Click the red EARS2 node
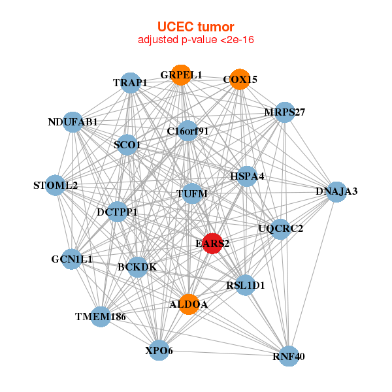click(213, 243)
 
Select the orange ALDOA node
click(189, 304)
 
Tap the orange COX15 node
click(240, 79)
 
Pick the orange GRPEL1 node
click(181, 75)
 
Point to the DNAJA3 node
click(336, 191)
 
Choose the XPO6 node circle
click(159, 350)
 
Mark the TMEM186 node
click(100, 317)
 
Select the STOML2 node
click(56, 186)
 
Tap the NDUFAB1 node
click(73, 122)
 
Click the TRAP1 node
click(131, 83)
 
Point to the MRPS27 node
click(285, 112)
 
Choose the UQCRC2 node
click(280, 229)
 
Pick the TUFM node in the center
click(192, 194)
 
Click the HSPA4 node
click(246, 176)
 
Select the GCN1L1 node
click(72, 259)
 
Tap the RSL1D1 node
click(244, 285)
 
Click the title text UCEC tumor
click(195, 27)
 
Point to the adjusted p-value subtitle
click(195, 40)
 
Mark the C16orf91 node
click(188, 131)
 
